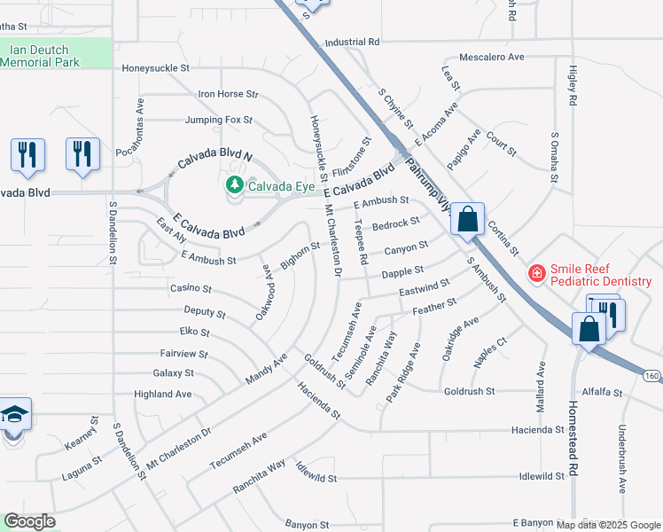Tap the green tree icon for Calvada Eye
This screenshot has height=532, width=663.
tap(235, 185)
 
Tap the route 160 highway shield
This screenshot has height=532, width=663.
tap(651, 377)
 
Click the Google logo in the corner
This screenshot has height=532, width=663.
tap(29, 521)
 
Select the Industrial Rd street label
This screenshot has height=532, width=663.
tap(352, 42)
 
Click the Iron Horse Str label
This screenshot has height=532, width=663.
tap(228, 94)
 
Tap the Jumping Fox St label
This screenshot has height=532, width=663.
tap(219, 120)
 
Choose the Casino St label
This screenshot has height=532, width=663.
tap(191, 288)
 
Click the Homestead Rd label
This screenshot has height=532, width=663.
tap(573, 443)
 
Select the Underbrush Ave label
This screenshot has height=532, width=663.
tap(622, 461)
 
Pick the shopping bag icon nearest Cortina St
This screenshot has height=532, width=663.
tap(466, 218)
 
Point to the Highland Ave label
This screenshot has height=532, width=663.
tap(162, 394)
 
